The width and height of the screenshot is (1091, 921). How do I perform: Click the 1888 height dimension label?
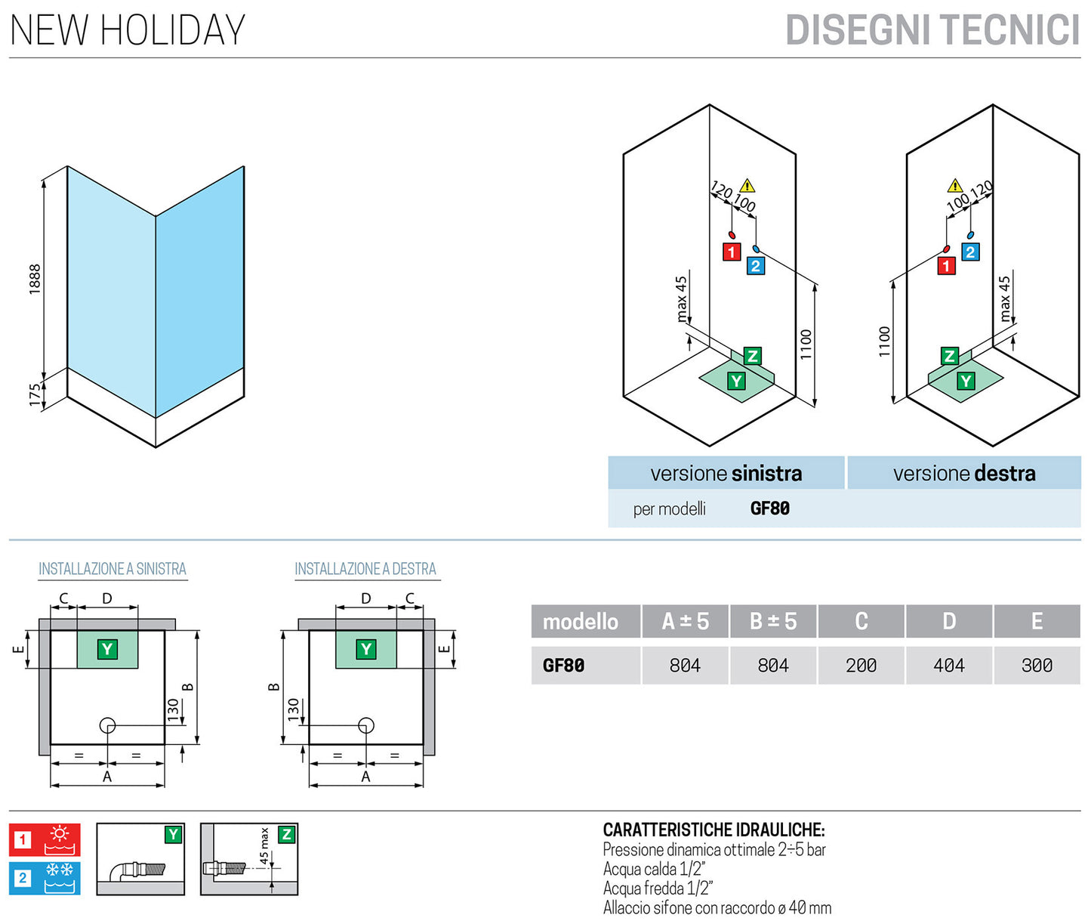pos(35,279)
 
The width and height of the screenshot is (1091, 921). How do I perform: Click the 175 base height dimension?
pos(35,394)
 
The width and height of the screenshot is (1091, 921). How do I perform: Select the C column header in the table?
pos(861,621)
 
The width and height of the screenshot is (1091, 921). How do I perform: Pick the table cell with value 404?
pos(948,666)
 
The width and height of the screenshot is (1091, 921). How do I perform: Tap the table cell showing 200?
pos(861,666)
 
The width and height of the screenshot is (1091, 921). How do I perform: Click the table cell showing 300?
pos(1037,666)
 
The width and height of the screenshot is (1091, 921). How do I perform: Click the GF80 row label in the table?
pos(563,666)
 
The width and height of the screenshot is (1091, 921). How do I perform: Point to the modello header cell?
pos(581,621)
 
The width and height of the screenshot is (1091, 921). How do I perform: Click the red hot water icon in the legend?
pos(45,839)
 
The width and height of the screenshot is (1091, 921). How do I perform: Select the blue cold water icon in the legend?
pos(45,878)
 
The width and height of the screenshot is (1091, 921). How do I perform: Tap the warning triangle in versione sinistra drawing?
pos(747,185)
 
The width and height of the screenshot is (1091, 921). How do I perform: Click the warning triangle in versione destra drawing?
pos(955,185)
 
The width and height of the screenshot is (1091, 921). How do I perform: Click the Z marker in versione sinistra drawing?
pos(752,356)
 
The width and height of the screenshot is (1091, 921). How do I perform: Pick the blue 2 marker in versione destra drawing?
pos(970,252)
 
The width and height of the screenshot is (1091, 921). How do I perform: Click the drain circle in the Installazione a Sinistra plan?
pos(107,726)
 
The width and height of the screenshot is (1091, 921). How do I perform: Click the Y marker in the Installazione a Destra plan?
pos(366,649)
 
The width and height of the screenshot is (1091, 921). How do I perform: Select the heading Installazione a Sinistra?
pos(112,569)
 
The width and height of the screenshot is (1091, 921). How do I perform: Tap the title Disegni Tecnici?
pos(932,31)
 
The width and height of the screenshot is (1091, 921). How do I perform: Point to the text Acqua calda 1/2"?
pos(654,870)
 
